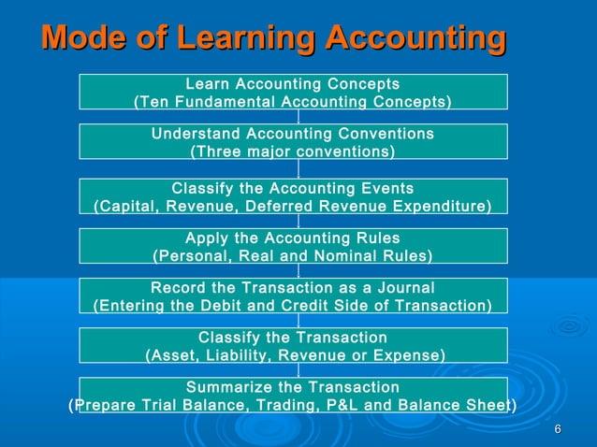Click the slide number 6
tap(558, 429)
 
